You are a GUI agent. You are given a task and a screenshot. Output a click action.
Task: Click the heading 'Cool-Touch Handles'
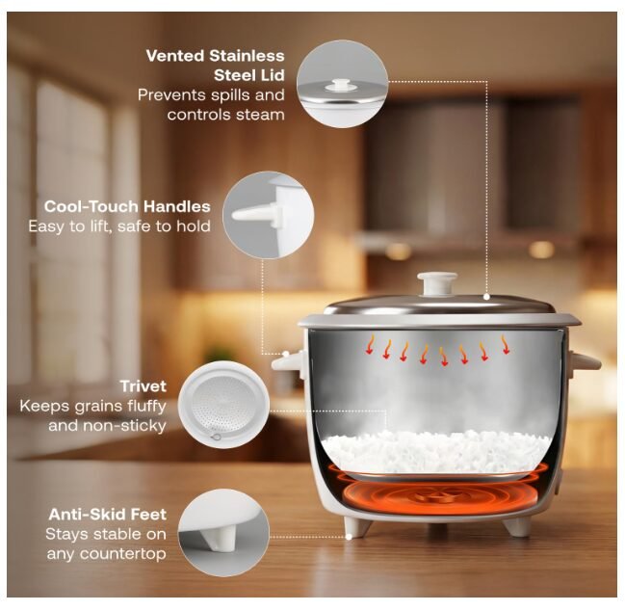127,206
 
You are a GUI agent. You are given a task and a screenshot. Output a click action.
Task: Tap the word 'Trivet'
143,386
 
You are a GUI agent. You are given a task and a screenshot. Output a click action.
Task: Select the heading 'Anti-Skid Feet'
108,515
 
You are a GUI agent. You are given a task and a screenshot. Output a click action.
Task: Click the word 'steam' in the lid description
260,115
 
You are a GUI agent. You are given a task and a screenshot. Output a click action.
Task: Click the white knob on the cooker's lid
437,282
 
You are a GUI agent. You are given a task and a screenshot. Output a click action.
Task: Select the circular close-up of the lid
343,84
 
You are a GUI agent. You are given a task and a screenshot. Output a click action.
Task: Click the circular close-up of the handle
269,215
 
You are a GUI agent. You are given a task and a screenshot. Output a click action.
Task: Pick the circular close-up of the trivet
223,405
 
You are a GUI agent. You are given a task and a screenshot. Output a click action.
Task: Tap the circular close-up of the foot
223,532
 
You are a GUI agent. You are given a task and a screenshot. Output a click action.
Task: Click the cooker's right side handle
585,362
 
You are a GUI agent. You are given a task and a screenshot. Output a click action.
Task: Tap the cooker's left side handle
288,362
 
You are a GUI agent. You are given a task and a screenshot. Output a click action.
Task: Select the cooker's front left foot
357,527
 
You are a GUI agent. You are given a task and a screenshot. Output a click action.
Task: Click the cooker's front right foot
517,526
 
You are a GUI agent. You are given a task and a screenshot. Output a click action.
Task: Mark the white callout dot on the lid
486,296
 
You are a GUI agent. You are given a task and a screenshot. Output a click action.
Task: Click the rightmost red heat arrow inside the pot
505,345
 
